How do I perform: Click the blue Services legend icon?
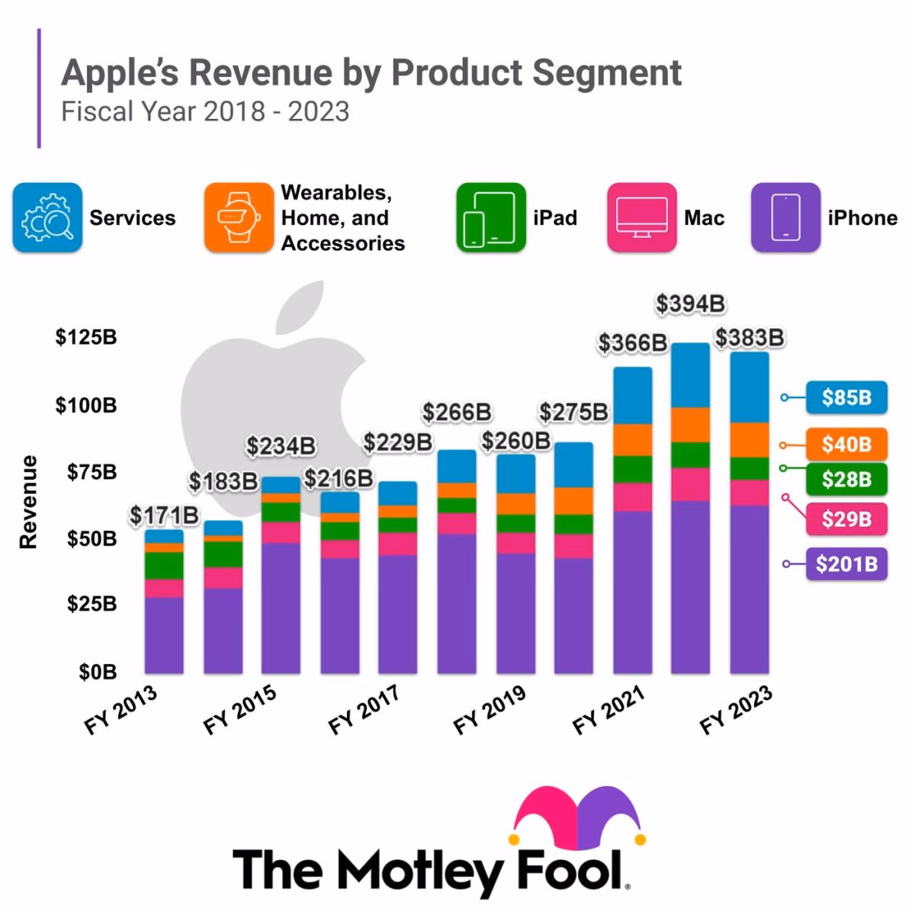pyautogui.click(x=47, y=218)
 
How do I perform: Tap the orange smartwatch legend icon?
pyautogui.click(x=238, y=218)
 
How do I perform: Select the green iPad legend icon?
pyautogui.click(x=491, y=218)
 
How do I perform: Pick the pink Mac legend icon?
pyautogui.click(x=641, y=218)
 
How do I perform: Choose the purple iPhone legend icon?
pyautogui.click(x=785, y=218)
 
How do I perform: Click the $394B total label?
pyautogui.click(x=690, y=304)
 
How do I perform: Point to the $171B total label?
pyautogui.click(x=164, y=515)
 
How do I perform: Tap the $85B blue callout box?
pyautogui.click(x=846, y=397)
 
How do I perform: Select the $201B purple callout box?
pyautogui.click(x=846, y=564)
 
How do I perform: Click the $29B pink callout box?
pyautogui.click(x=846, y=519)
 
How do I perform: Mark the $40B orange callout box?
pyautogui.click(x=846, y=444)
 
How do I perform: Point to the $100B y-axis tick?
pyautogui.click(x=86, y=405)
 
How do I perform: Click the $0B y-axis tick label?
pyautogui.click(x=98, y=673)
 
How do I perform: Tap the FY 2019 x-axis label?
pyautogui.click(x=490, y=711)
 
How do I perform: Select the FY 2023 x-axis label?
pyautogui.click(x=736, y=711)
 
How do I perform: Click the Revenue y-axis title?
pyautogui.click(x=29, y=502)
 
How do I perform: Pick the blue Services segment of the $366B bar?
pyautogui.click(x=632, y=396)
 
